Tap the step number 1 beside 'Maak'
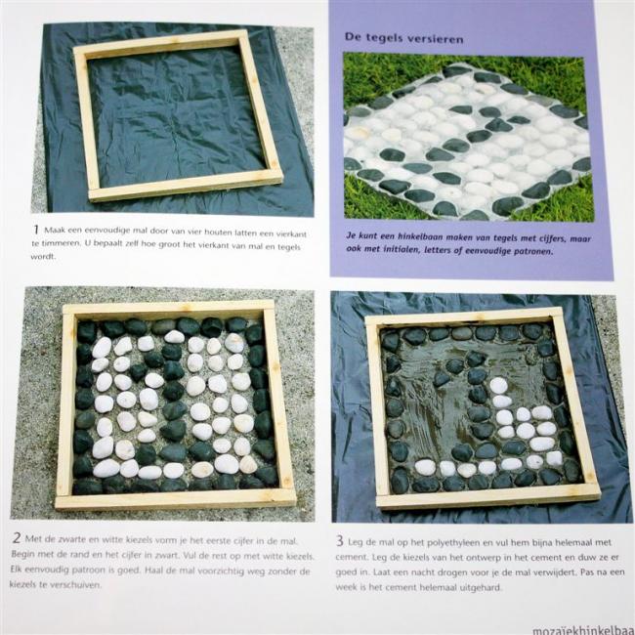[x=36, y=230]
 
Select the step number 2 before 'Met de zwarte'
[x=17, y=538]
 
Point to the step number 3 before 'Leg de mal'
[x=340, y=540]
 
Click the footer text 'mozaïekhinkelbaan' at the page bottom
[x=583, y=630]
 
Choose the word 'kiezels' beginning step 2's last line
[x=22, y=584]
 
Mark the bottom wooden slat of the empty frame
[x=186, y=187]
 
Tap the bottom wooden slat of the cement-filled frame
[x=488, y=495]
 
